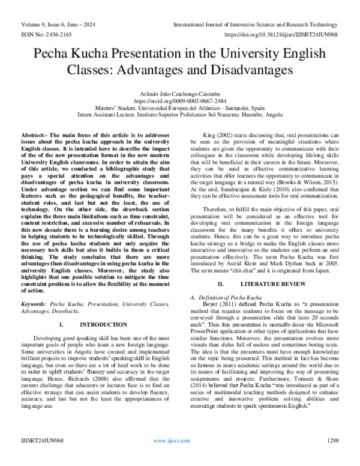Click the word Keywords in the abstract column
[35, 305]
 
